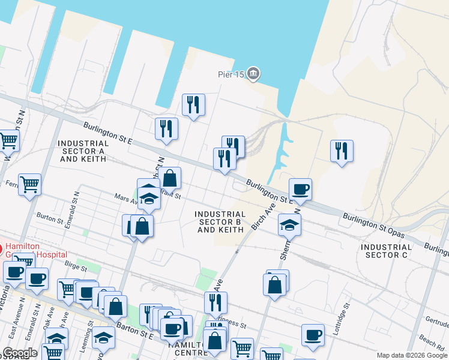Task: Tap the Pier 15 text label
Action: pyautogui.click(x=231, y=75)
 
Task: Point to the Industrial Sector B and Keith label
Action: pyautogui.click(x=220, y=221)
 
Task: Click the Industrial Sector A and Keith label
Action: pyautogui.click(x=84, y=151)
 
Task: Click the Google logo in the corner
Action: pyautogui.click(x=19, y=353)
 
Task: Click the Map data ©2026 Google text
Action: pyautogui.click(x=411, y=355)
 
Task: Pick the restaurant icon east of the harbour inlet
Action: pyautogui.click(x=342, y=151)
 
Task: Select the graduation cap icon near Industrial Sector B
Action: pyautogui.click(x=289, y=225)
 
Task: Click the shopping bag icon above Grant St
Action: pyautogui.click(x=170, y=178)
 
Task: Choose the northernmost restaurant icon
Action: pyautogui.click(x=193, y=105)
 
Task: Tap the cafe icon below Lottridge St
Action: pyautogui.click(x=312, y=335)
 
